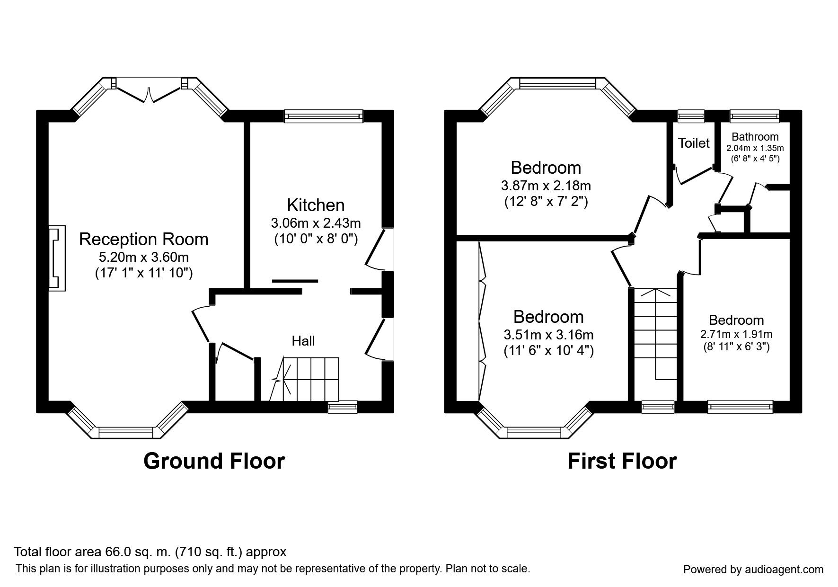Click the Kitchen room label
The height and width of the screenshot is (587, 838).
316,205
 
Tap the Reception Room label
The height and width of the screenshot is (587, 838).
143,239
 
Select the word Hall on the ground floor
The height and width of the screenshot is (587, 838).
303,341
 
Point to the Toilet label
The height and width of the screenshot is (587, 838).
694,143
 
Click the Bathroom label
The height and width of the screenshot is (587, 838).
755,137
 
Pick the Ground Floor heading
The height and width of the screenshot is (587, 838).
214,461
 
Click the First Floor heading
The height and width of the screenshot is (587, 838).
622,461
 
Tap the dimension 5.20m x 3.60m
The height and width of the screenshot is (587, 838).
143,257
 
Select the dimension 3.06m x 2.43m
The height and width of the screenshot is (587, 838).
316,223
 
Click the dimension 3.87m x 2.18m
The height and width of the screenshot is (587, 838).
546,185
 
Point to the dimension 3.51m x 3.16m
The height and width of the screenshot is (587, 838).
548,335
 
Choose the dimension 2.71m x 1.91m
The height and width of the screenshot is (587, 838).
736,334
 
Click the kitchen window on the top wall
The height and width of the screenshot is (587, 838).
324,116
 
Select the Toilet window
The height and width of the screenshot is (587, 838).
691,116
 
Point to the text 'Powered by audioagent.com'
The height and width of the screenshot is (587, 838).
753,569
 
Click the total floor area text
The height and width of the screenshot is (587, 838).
150,552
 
